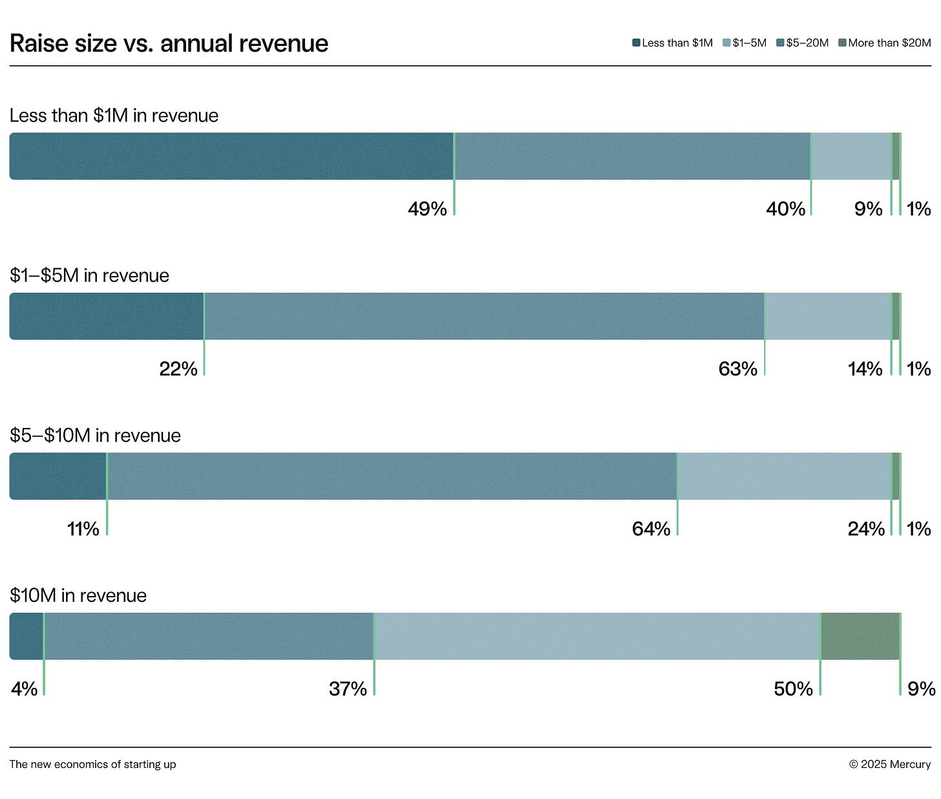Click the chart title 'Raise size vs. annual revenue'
[x=169, y=43]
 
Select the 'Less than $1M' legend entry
[x=673, y=43]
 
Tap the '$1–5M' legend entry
[x=745, y=43]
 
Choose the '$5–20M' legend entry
[x=803, y=43]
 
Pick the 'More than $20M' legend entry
[x=885, y=43]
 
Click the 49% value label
[x=427, y=209]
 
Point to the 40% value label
[x=785, y=209]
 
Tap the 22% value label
[x=178, y=369]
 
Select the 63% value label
[x=737, y=369]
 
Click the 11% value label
[x=83, y=529]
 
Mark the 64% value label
[x=651, y=529]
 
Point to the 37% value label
[x=348, y=689]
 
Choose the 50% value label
[x=793, y=689]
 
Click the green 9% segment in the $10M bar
[x=860, y=636]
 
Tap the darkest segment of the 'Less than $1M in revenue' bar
[x=231, y=156]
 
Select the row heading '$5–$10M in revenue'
[x=95, y=435]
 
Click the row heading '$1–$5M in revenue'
[x=89, y=275]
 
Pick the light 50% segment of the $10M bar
[x=597, y=636]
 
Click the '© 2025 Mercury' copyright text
[x=889, y=764]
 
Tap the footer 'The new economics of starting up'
[x=92, y=764]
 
